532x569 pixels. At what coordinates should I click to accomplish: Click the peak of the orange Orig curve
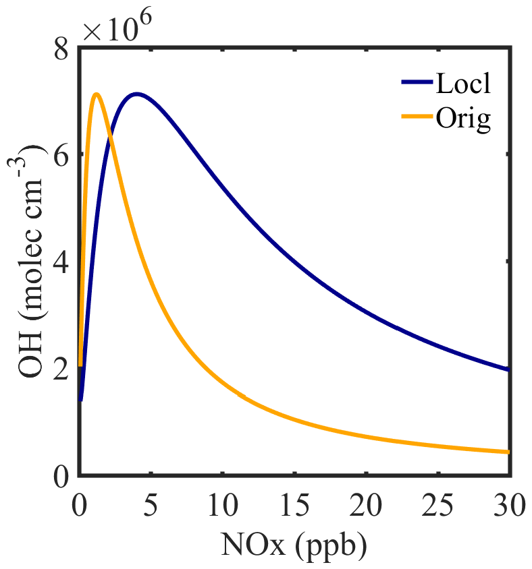click(x=97, y=94)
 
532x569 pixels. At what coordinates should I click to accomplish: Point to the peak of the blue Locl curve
click(x=137, y=94)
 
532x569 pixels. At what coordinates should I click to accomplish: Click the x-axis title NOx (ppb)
click(x=294, y=543)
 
